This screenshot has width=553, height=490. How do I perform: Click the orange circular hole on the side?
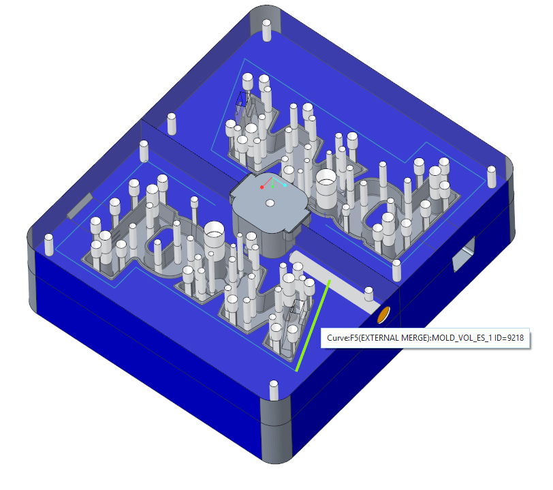(383, 315)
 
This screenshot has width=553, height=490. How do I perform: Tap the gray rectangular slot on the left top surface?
(80, 206)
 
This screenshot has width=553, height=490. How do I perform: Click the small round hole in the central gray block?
(270, 203)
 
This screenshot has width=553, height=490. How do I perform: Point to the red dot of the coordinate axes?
(262, 186)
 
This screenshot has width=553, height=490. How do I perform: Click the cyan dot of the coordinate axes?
(285, 185)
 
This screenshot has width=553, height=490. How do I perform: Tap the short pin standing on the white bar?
(368, 294)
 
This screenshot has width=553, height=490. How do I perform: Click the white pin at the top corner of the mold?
(267, 31)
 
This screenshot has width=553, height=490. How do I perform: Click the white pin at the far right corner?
(492, 176)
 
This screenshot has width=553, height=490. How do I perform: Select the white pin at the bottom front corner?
(273, 390)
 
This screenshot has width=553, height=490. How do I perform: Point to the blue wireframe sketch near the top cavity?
(240, 102)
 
